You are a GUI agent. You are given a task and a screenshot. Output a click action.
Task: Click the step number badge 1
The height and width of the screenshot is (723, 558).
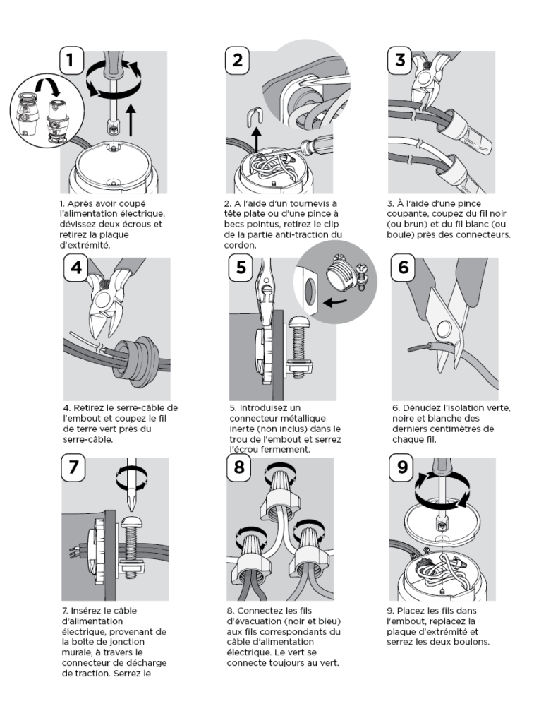tap(71, 60)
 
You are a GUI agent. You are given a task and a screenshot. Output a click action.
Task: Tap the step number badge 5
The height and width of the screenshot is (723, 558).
tap(241, 267)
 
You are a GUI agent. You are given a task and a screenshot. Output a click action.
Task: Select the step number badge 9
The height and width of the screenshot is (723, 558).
tap(402, 467)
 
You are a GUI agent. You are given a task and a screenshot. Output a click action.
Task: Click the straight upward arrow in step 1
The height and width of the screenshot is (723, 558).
tap(131, 120)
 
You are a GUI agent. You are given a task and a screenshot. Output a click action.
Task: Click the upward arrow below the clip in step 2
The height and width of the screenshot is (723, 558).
tap(256, 141)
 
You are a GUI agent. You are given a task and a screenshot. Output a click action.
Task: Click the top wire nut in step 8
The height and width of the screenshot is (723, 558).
tap(280, 494)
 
